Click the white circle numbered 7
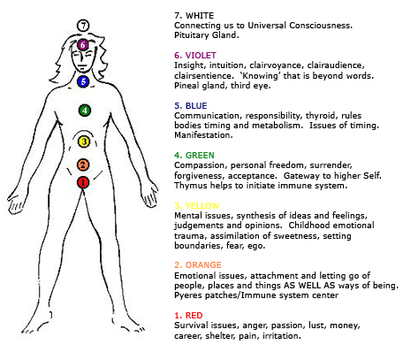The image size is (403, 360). pyautogui.click(x=83, y=26)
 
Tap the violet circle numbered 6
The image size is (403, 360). pyautogui.click(x=83, y=45)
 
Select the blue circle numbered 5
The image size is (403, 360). pyautogui.click(x=83, y=81)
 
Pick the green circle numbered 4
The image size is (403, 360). pyautogui.click(x=85, y=111)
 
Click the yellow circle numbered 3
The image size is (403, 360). pyautogui.click(x=84, y=142)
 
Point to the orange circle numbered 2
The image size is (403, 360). pyautogui.click(x=83, y=165)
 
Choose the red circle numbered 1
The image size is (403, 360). pyautogui.click(x=83, y=182)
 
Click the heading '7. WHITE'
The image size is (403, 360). pyautogui.click(x=194, y=16)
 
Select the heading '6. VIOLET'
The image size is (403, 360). pyautogui.click(x=195, y=56)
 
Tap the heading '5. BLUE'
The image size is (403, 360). pyautogui.click(x=191, y=105)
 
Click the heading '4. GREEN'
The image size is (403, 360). pyautogui.click(x=194, y=155)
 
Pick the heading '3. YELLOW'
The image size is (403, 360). pyautogui.click(x=197, y=205)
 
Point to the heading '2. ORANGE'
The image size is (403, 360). pyautogui.click(x=198, y=264)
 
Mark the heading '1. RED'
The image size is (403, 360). pyautogui.click(x=188, y=315)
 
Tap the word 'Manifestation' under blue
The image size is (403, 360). pyautogui.click(x=203, y=135)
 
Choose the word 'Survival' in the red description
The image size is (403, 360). pyautogui.click(x=191, y=326)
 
